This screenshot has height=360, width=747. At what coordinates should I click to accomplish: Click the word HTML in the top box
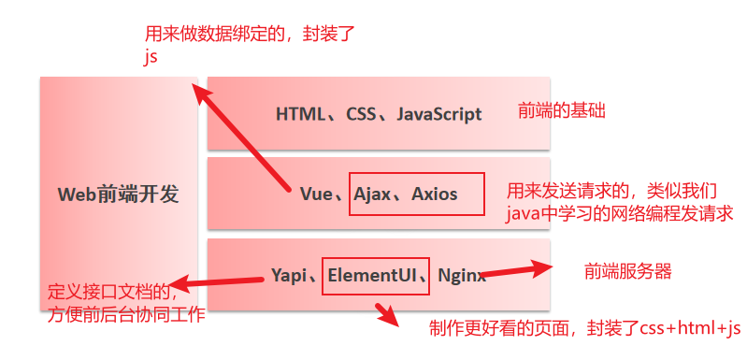298,115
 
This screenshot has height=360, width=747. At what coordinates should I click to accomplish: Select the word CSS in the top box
361,115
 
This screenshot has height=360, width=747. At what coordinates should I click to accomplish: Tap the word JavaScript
439,115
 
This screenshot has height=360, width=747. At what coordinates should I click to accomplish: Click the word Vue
316,194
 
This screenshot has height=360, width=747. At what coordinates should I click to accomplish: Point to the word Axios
435,194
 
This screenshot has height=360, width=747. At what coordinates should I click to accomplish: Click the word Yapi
289,275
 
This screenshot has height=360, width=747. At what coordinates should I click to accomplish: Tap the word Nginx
461,275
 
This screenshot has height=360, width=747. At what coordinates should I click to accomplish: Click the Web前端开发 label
118,194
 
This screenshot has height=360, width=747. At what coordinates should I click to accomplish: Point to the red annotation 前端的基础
562,111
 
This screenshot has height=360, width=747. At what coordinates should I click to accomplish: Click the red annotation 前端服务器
628,271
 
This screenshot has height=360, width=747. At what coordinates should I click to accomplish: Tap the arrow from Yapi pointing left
219,281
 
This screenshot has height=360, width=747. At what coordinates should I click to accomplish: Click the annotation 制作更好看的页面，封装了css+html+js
584,328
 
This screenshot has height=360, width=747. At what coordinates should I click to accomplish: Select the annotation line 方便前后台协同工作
126,315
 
